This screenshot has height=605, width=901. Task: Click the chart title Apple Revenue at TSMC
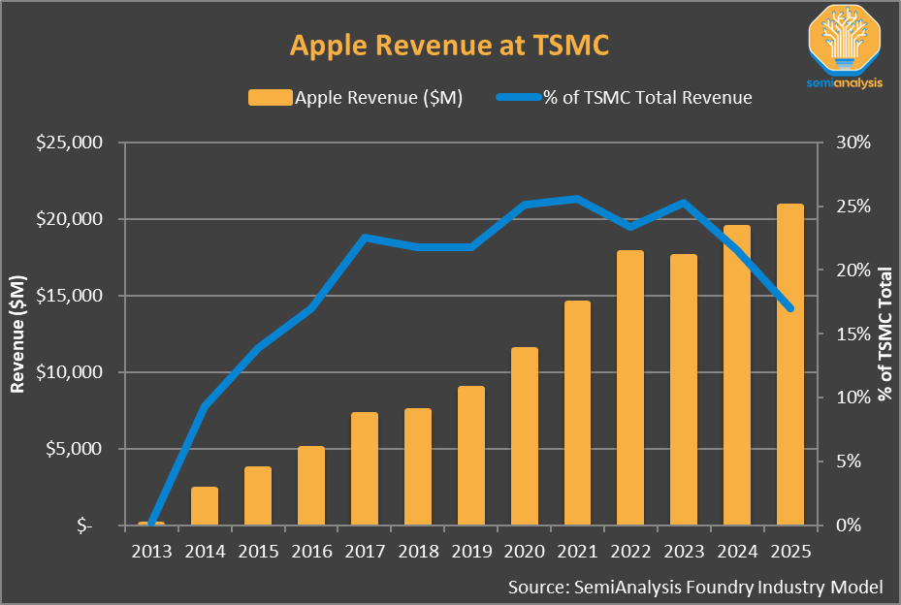coord(449,47)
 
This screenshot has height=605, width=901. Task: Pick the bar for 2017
coord(365,468)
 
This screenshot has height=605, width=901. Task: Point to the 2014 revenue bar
coord(205,505)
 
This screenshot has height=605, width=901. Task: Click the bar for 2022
coord(630,388)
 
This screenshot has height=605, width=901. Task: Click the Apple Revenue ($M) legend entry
coord(355,98)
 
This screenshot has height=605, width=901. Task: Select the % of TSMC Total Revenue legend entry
coord(625,98)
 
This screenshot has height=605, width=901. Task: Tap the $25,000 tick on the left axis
coord(69,143)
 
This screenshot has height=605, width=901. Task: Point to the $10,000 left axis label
coord(69,372)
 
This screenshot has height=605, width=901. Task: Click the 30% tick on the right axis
coord(853,143)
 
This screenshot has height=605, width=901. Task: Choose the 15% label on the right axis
coord(853,334)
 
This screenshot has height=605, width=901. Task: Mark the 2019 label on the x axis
coord(471,552)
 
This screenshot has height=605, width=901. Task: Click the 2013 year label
coord(151,552)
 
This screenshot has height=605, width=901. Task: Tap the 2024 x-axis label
coord(737,552)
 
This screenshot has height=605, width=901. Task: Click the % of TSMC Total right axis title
coord(885,334)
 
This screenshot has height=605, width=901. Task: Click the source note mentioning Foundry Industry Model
coord(694,587)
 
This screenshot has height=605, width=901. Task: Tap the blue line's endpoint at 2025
coord(790,308)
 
